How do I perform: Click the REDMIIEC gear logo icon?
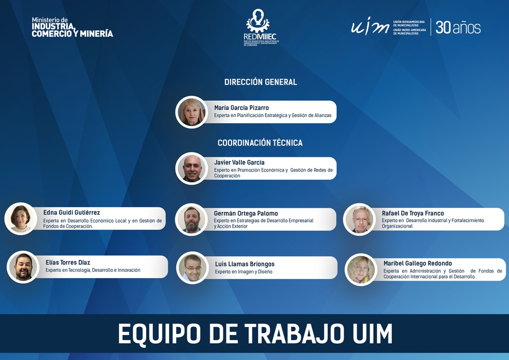tap(258, 20)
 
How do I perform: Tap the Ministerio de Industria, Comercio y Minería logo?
tap(72, 27)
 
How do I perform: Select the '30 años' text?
tap(458, 27)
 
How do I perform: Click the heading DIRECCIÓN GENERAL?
tap(261, 82)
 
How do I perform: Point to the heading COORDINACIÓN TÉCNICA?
tap(260, 143)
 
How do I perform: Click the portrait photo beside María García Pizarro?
tap(191, 112)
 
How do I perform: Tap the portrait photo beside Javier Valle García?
tap(191, 169)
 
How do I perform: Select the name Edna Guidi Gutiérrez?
tap(72, 213)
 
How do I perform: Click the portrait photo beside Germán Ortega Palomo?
tap(191, 219)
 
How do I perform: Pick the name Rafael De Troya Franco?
tap(413, 213)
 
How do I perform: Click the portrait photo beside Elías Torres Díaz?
tap(23, 267)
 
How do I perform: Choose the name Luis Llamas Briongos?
tap(245, 264)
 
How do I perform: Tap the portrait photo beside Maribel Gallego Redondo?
tap(361, 269)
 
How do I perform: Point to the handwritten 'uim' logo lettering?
tap(370, 26)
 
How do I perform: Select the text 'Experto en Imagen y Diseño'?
tap(243, 272)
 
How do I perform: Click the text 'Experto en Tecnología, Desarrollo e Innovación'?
tap(93, 270)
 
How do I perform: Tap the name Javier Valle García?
tap(239, 162)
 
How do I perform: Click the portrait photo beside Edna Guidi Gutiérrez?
tap(21, 218)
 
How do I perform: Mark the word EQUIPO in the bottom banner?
tap(158, 334)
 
